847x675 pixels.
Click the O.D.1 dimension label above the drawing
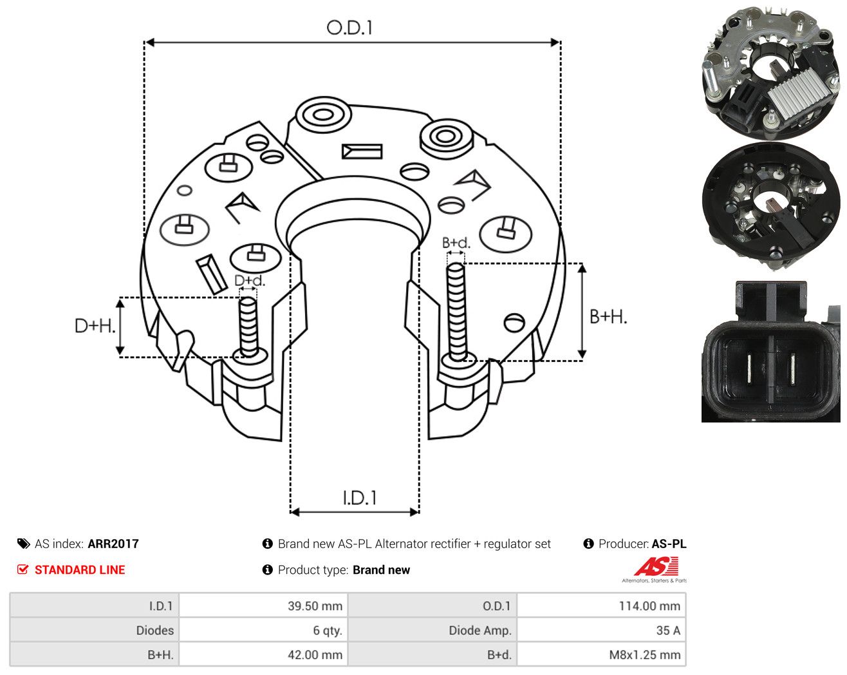[x=349, y=28]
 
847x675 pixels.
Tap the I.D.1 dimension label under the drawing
[x=359, y=498]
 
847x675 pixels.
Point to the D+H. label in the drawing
[x=95, y=326]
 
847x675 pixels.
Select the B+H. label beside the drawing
[x=608, y=317]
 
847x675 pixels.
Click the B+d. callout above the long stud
[x=456, y=243]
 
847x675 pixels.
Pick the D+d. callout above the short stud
[x=250, y=280]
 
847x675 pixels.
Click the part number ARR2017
[x=113, y=544]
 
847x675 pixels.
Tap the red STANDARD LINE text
[x=80, y=570]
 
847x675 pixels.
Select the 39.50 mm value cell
[x=263, y=605]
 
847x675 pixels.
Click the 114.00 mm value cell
[x=601, y=605]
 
